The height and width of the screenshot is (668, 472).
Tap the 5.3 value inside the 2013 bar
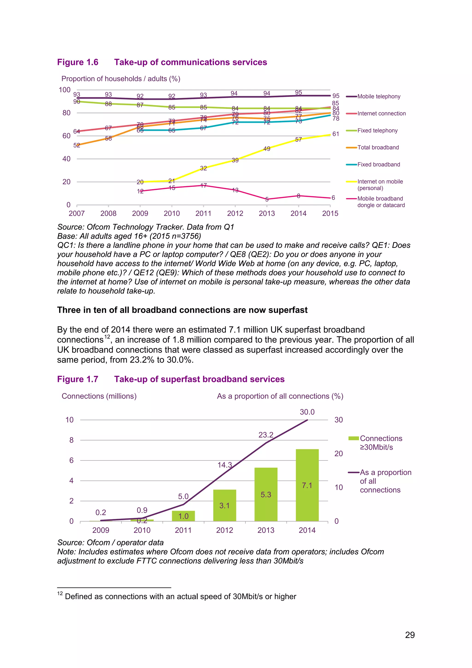click(266, 495)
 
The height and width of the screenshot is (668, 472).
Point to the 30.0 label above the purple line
click(307, 412)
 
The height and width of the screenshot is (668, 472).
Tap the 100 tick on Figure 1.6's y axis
click(65, 90)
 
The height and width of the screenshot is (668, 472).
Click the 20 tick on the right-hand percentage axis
click(339, 453)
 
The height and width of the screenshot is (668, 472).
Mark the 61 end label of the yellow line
click(336, 134)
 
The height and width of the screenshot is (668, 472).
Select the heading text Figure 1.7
click(78, 379)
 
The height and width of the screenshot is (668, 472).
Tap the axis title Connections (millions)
click(99, 396)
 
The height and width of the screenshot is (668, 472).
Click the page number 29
click(410, 635)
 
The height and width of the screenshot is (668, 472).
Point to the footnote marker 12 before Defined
click(60, 593)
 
